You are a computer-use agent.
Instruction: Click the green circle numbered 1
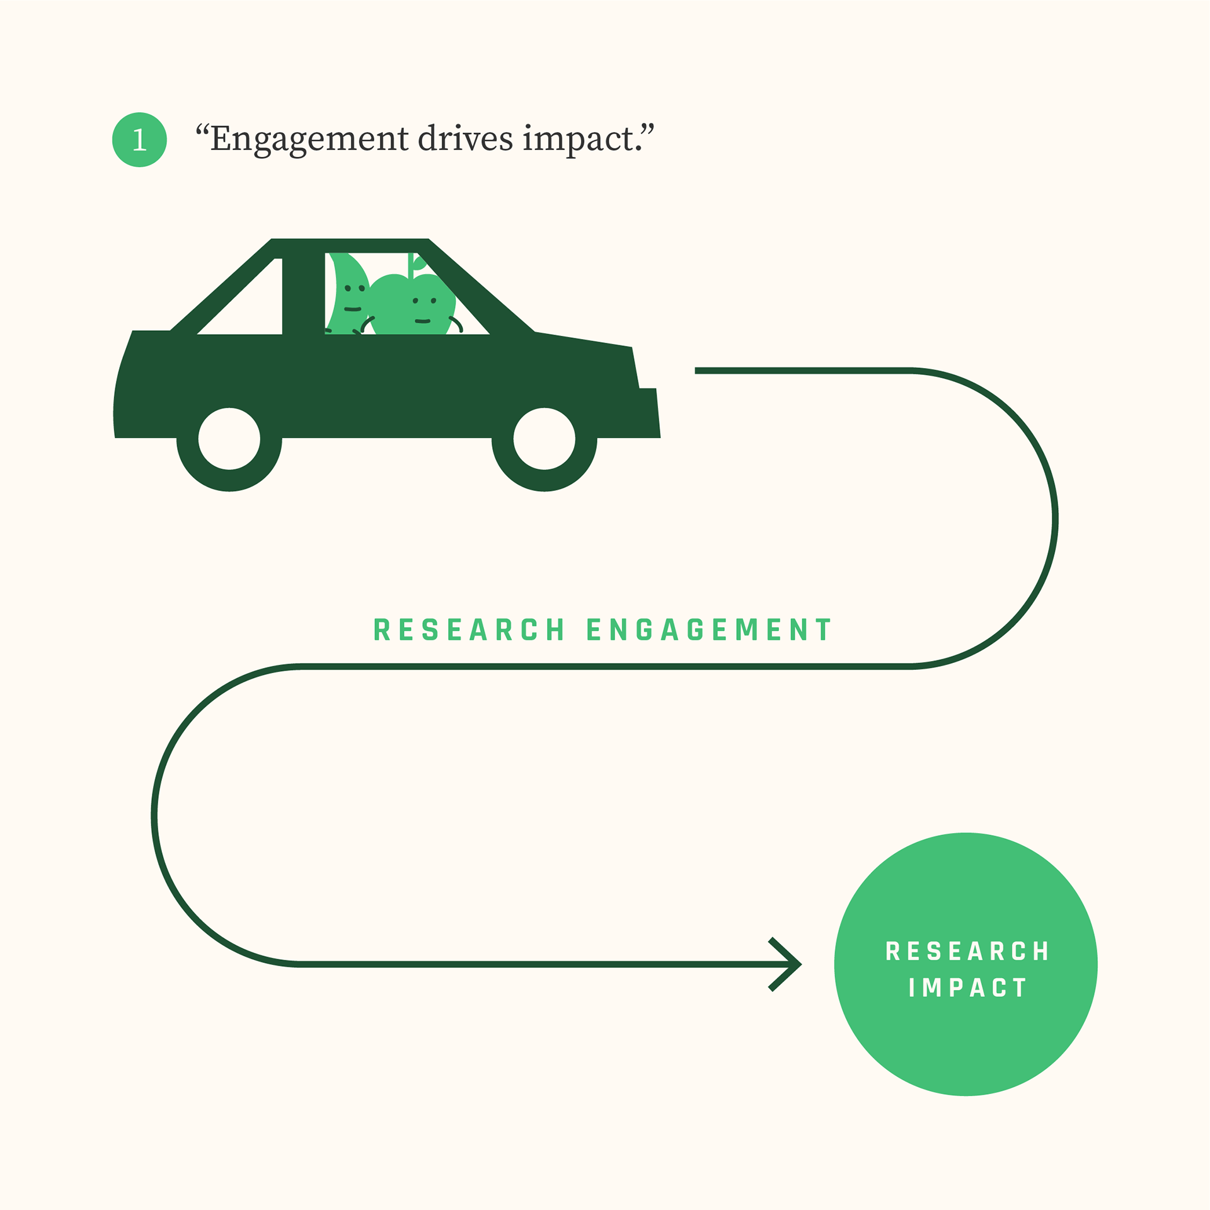tap(139, 139)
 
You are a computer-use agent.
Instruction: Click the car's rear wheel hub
tap(229, 439)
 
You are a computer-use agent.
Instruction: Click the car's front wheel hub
tap(544, 439)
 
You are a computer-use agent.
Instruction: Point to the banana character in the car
tap(347, 293)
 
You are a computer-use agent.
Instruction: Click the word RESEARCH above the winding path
tap(469, 630)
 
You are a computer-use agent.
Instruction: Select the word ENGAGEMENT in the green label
tap(709, 630)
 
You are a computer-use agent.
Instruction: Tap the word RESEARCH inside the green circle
tap(967, 952)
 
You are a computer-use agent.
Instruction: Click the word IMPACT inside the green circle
tap(967, 988)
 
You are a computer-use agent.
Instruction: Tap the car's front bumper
tap(649, 413)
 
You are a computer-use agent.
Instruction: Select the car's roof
tap(350, 246)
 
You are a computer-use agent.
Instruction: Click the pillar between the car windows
tap(303, 294)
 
